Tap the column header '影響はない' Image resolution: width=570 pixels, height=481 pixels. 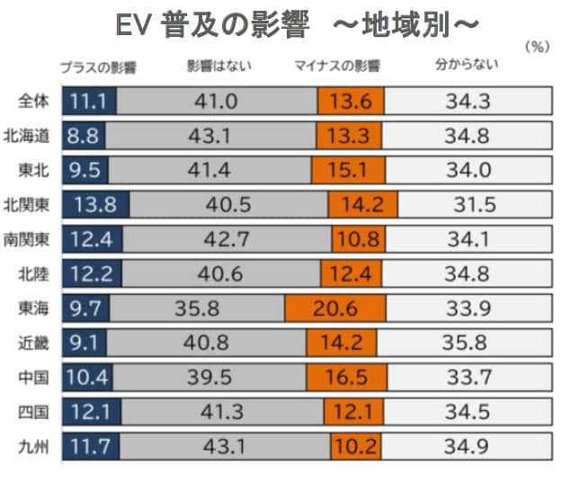tap(214, 66)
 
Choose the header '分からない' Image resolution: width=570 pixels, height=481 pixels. tap(466, 65)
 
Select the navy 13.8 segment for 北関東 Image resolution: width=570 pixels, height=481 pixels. tap(96, 205)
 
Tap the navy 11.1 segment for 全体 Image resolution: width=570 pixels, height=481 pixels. tap(89, 101)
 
